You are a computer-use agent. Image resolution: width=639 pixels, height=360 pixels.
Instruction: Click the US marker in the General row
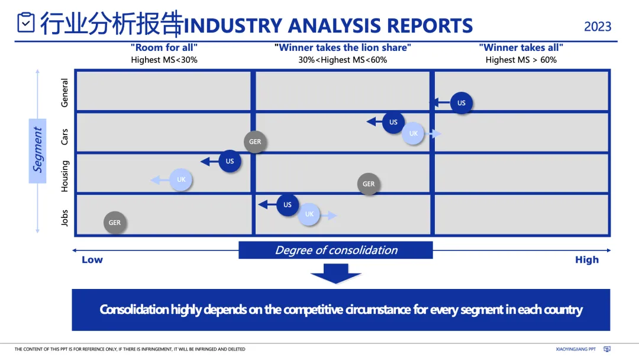461,102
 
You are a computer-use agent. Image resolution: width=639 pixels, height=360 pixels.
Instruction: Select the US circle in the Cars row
393,122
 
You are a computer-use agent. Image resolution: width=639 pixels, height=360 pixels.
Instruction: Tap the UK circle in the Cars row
414,133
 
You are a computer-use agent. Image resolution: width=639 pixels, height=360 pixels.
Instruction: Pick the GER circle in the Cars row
255,142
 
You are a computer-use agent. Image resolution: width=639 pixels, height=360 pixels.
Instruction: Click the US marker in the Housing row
230,161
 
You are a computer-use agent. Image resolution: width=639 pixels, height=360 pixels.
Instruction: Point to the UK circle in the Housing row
181,179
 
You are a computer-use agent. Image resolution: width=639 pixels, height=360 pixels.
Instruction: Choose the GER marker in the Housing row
369,184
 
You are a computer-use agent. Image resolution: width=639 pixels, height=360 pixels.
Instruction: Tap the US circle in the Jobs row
288,205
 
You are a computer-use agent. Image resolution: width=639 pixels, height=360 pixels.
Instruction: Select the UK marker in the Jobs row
309,214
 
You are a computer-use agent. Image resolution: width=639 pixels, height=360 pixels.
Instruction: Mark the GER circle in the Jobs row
115,223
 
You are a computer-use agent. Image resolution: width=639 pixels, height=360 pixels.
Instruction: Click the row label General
65,92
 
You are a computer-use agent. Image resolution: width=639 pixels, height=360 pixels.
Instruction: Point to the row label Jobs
65,218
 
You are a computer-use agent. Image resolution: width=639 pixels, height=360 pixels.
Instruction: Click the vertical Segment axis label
38,150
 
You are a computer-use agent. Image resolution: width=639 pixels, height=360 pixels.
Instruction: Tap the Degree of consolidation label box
336,250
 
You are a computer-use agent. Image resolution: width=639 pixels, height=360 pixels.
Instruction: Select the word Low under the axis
92,259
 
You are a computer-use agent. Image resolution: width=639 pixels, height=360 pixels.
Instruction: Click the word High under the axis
586,259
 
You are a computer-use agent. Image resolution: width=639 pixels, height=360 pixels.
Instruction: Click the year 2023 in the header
598,27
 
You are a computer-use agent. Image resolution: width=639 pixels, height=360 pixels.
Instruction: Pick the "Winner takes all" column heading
521,48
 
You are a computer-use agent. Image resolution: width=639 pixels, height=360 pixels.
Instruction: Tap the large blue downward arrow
335,273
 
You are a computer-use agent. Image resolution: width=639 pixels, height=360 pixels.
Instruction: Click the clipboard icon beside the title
26,23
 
